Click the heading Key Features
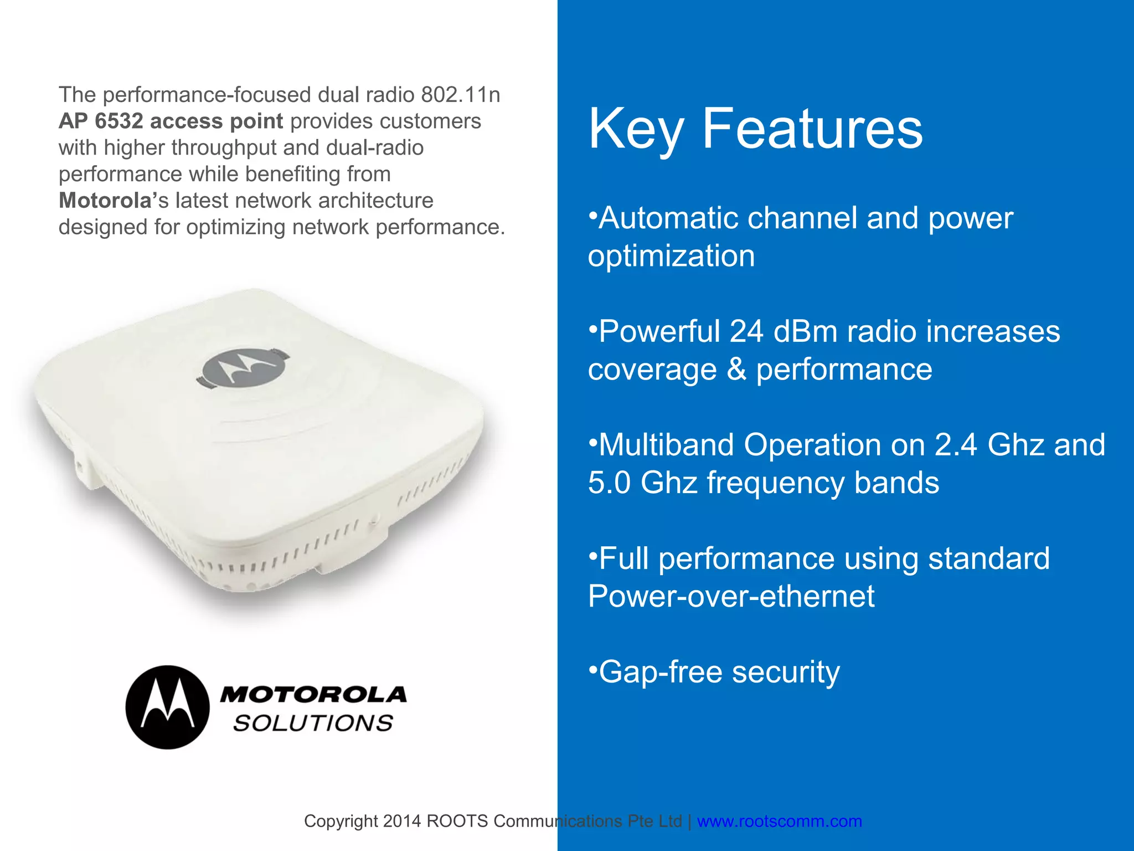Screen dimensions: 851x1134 pos(755,129)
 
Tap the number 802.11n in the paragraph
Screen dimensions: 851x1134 pos(460,95)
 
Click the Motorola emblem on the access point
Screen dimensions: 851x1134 pos(243,367)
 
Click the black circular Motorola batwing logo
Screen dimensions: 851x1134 pos(168,707)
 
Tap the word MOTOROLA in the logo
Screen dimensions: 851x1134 pos(313,694)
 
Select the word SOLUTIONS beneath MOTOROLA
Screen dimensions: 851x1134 pos(313,724)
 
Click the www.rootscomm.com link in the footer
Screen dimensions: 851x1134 pos(779,821)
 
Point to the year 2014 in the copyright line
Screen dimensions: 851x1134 pos(401,821)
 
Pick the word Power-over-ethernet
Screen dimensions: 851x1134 pos(731,596)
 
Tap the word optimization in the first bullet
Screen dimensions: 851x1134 pos(671,256)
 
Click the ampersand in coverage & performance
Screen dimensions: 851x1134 pos(736,370)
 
